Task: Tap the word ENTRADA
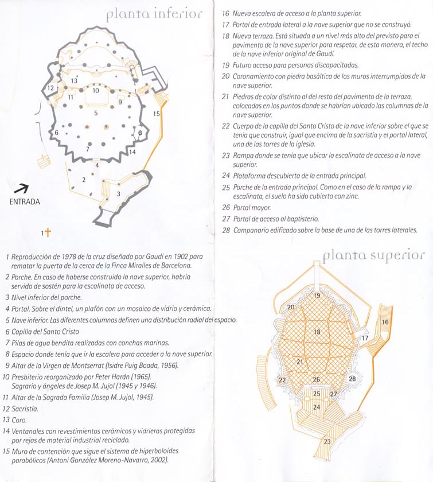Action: (x=25, y=201)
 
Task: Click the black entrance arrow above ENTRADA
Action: (x=21, y=188)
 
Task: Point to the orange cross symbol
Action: (x=48, y=232)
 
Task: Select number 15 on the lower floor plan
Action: (x=157, y=114)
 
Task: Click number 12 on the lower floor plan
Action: (x=50, y=88)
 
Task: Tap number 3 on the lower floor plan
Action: (x=118, y=194)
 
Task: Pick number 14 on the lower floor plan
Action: (x=132, y=152)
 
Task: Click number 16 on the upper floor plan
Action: (x=385, y=322)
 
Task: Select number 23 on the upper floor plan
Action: (x=327, y=441)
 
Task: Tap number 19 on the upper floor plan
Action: (x=317, y=296)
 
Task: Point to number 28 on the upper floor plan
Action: (x=352, y=379)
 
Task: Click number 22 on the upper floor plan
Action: (x=282, y=380)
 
